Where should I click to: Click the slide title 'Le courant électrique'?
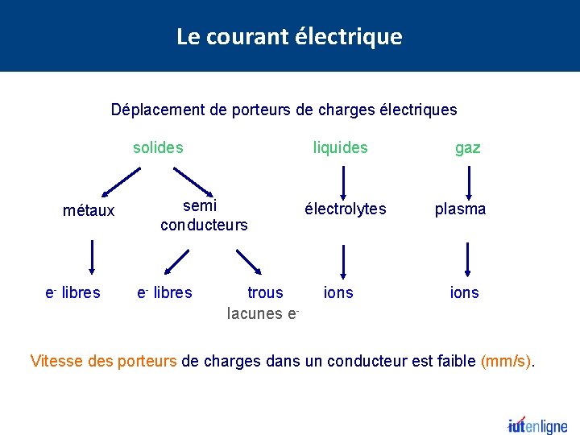coord(289,36)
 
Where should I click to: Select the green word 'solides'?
coord(158,147)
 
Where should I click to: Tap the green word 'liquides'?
coord(340,147)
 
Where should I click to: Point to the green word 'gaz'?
coord(468,148)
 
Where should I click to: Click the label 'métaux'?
coord(89,211)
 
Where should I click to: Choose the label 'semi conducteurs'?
coord(204,215)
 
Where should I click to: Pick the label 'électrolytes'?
coord(345,209)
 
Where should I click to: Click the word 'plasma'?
coord(461,209)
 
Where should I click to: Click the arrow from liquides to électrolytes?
coord(344,180)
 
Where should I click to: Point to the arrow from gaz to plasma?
coord(467,180)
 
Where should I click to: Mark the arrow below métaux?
coord(92,260)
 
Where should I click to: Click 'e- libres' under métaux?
coord(72,292)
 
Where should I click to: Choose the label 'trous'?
coord(265,292)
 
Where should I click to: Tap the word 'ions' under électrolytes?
coord(338,292)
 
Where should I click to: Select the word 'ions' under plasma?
coord(465,292)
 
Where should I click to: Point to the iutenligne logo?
coord(537,425)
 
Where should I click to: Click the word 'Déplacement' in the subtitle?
coord(158,110)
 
